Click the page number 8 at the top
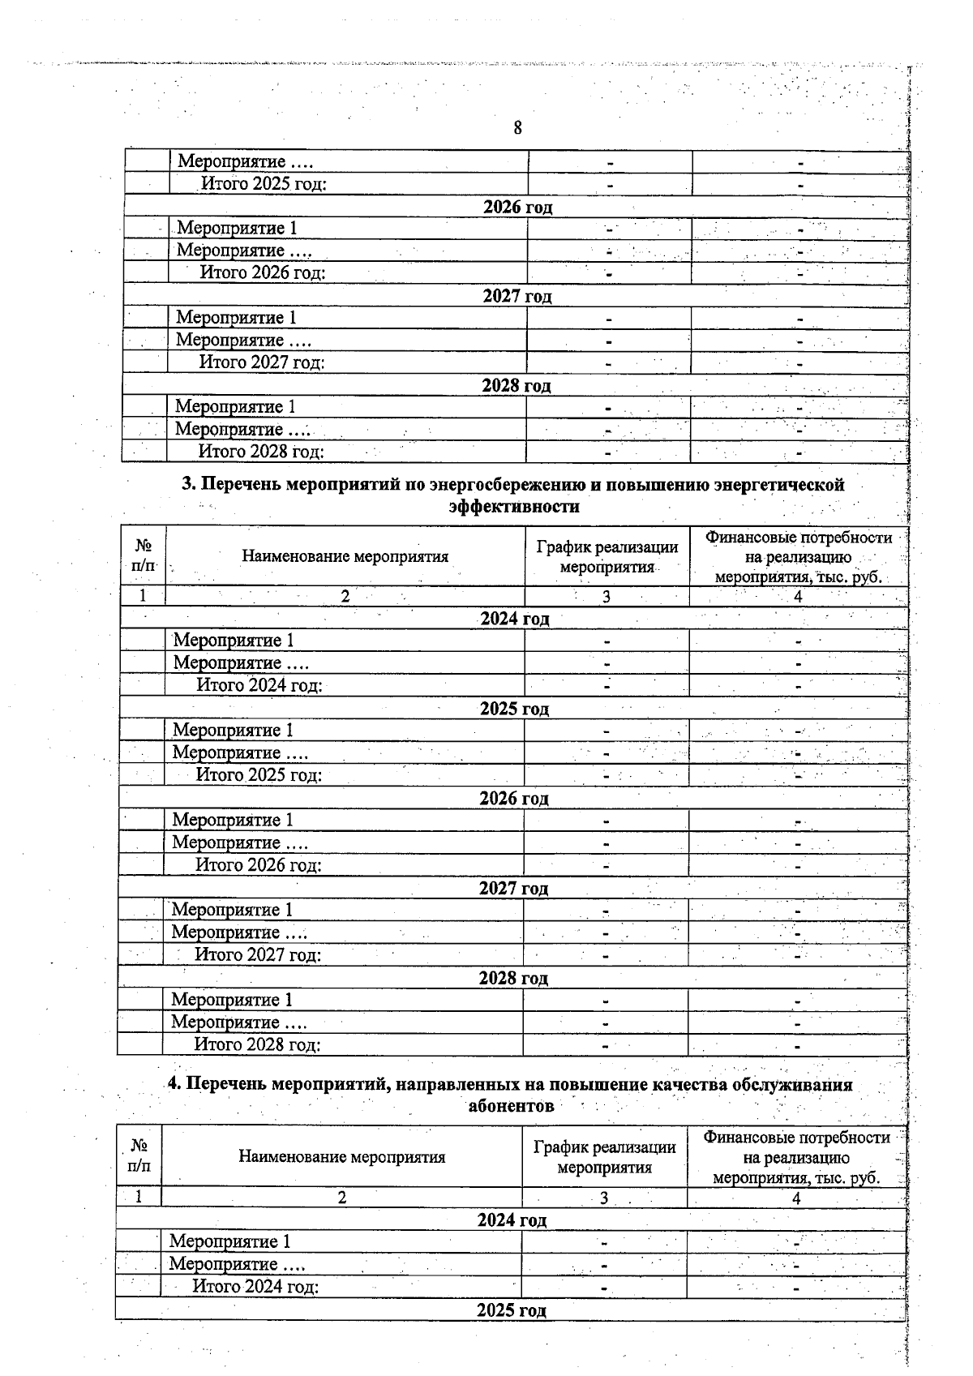[x=517, y=128]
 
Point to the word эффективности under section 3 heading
[x=514, y=507]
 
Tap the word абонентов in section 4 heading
[x=511, y=1106]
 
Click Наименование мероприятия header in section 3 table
[x=345, y=556]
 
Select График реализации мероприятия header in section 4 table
[x=605, y=1157]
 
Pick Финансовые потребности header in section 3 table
[x=799, y=538]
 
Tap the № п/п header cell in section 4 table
[x=139, y=1156]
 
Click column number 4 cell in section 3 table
[x=798, y=597]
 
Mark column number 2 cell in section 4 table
[x=342, y=1198]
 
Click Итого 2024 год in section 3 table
[x=259, y=686]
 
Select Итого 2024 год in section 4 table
[x=255, y=1287]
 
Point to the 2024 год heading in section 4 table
[x=512, y=1220]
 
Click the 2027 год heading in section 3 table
[x=513, y=889]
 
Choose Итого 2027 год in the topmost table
[x=262, y=362]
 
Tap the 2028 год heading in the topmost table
[x=517, y=386]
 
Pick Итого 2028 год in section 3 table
[x=257, y=1045]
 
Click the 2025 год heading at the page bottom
[x=512, y=1310]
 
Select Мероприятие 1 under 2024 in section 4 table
[x=229, y=1241]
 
